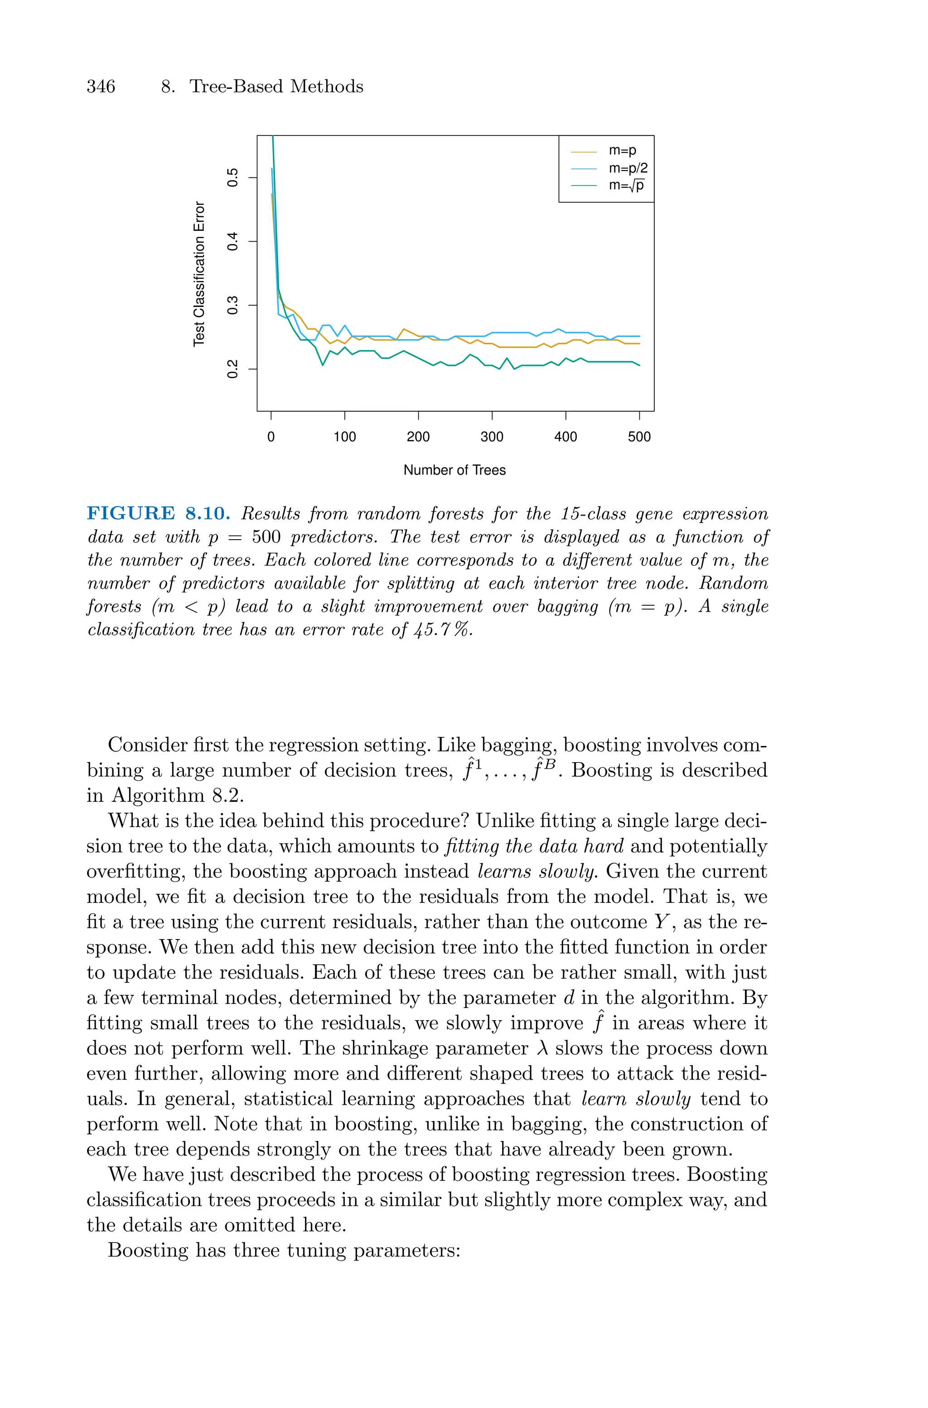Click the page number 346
(101, 87)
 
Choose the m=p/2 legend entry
(627, 168)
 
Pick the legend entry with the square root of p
(626, 185)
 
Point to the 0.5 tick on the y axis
(233, 178)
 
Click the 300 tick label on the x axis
(492, 437)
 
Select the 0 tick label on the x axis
(271, 437)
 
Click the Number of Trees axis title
(454, 470)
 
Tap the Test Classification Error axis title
(199, 273)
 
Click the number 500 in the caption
(266, 537)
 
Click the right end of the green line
(639, 365)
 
